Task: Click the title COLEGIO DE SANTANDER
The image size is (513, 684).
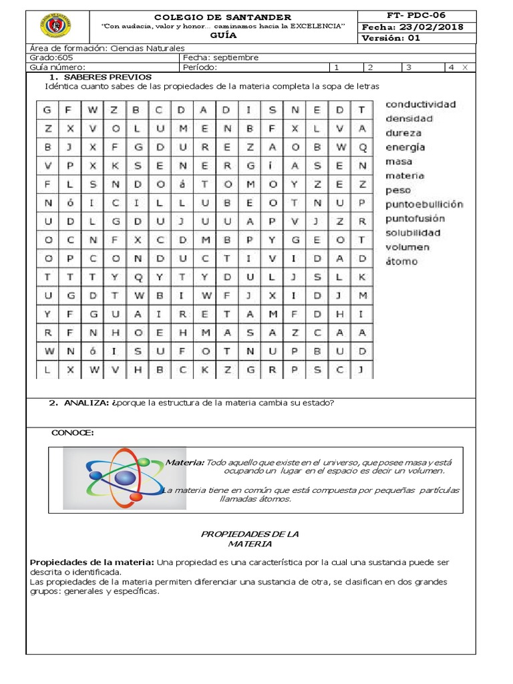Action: pyautogui.click(x=222, y=17)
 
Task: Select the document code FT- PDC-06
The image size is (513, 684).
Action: pyautogui.click(x=416, y=15)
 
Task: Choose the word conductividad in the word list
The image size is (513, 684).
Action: pyautogui.click(x=420, y=104)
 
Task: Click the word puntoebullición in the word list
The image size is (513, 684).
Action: pyautogui.click(x=424, y=204)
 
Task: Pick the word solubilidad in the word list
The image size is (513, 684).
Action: pyautogui.click(x=413, y=232)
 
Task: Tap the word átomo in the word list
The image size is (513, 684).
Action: pyautogui.click(x=401, y=261)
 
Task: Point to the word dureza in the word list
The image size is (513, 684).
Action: pyautogui.click(x=403, y=133)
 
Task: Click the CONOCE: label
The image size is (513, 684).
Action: pyautogui.click(x=72, y=433)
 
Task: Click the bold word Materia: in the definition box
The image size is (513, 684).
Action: pyautogui.click(x=184, y=462)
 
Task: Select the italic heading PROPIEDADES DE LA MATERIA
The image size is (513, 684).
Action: pyautogui.click(x=250, y=539)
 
